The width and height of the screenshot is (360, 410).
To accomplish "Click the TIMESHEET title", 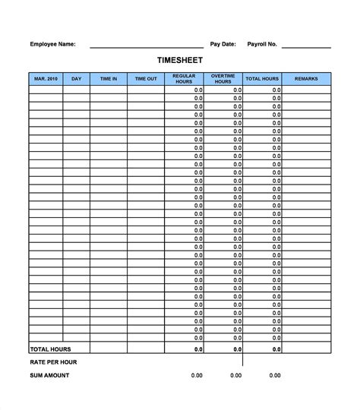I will (x=180, y=59).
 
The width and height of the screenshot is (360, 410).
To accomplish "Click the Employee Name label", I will (x=52, y=44).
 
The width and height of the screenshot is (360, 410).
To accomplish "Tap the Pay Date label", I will (x=223, y=44).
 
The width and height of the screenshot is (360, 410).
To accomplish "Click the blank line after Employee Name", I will (x=147, y=47).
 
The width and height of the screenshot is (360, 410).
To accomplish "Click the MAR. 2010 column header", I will (x=46, y=78).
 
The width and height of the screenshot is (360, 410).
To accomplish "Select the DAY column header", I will (x=76, y=78).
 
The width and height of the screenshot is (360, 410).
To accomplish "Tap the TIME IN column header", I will (x=108, y=78).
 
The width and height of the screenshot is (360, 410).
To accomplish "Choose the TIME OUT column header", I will (x=146, y=78).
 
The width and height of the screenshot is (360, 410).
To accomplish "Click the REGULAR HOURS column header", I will (x=185, y=78).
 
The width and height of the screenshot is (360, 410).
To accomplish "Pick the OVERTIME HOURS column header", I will (x=223, y=78).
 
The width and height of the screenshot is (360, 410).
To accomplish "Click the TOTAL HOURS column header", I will (x=262, y=78).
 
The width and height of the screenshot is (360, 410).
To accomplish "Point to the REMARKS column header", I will (x=306, y=78).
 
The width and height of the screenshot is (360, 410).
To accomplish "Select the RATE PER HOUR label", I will (x=53, y=362).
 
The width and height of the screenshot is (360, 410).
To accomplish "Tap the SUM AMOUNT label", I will (x=49, y=375).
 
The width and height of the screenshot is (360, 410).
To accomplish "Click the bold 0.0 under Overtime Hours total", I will (x=237, y=349).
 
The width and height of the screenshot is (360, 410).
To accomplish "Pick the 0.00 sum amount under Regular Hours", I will (x=197, y=375).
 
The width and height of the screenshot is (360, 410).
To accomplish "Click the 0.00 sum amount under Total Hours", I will (x=274, y=375).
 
